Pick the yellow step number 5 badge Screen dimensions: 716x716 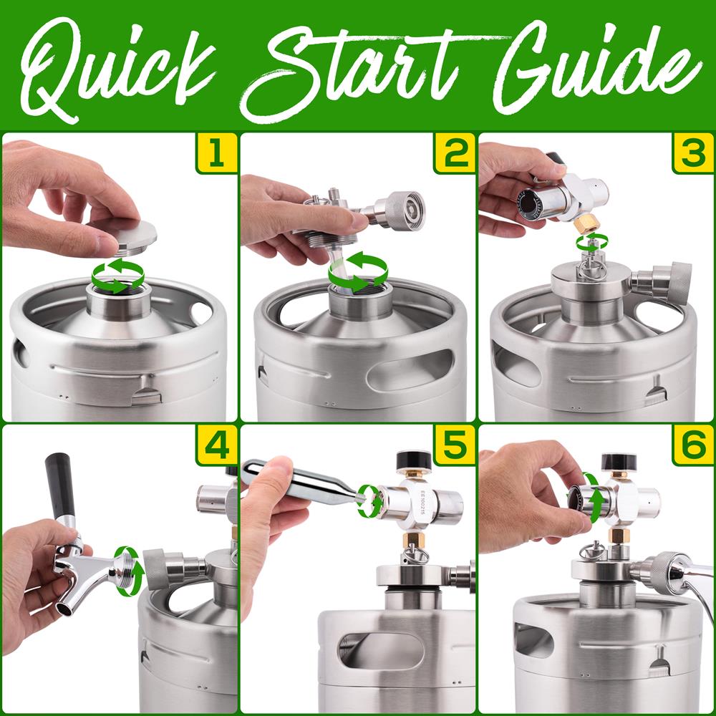tap(455, 445)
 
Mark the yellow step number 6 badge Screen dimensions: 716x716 tap(692, 445)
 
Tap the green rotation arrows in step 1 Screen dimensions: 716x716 tap(118, 276)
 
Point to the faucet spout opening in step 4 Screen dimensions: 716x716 tap(64, 609)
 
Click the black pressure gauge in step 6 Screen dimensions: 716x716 tap(615, 462)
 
